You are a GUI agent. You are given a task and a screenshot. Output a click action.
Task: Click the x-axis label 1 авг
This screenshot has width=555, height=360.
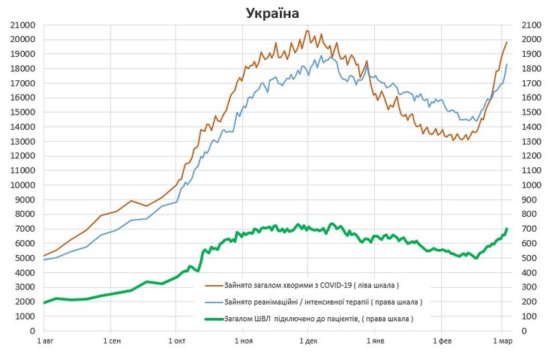43,342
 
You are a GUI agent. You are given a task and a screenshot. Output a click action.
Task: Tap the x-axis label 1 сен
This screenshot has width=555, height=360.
110,342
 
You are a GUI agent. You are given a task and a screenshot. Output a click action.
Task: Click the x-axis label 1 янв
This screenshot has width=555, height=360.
375,342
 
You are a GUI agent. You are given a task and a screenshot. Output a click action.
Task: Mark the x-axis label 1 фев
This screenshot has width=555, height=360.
442,342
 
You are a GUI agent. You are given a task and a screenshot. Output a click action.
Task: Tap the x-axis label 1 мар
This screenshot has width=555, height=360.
502,342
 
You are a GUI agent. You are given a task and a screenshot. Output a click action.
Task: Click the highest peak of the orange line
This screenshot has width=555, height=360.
307,31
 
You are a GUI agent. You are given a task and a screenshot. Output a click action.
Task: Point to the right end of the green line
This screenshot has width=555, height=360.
507,229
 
